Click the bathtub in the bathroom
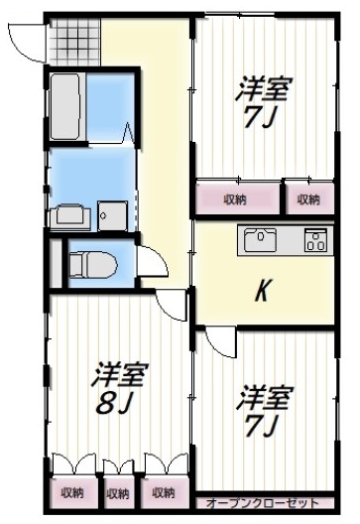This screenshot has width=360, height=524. tap(64, 104)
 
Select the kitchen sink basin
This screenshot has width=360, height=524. tap(261, 241)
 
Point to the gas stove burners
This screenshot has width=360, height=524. tap(314, 241)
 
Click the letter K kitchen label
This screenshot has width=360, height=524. tap(264, 291)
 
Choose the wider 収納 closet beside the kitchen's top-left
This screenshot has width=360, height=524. tap(235, 199)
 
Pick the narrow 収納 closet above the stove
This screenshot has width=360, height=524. tap(308, 199)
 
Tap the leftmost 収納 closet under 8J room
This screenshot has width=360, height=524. tap(71, 492)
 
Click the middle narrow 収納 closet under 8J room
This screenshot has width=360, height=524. tap(117, 492)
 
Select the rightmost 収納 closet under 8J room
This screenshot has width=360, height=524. tap(163, 492)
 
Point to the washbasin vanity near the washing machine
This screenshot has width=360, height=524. tap(68, 215)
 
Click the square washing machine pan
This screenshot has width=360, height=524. tap(110, 215)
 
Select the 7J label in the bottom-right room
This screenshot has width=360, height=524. tap(263, 428)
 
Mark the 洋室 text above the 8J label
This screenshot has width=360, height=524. tap(120, 376)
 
